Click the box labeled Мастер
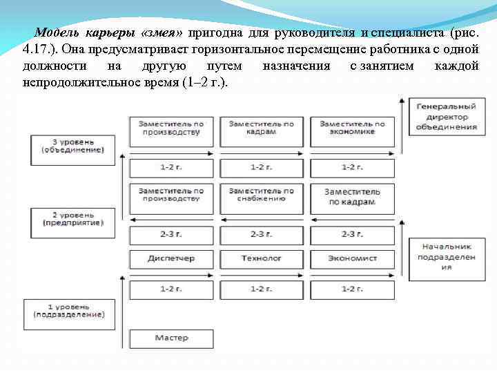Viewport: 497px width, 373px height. (171, 338)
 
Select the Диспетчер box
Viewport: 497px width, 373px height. (171, 258)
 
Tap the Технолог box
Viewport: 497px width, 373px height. (262, 258)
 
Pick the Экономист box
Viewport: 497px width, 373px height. (352, 258)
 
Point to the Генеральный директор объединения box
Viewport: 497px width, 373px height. (447, 117)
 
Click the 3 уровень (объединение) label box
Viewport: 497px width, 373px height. (72, 146)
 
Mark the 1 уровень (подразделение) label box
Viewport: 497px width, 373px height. (72, 309)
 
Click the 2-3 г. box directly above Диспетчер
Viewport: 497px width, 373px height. (171, 234)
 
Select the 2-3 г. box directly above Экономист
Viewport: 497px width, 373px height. (352, 234)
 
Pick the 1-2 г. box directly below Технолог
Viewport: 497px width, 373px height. (262, 287)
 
